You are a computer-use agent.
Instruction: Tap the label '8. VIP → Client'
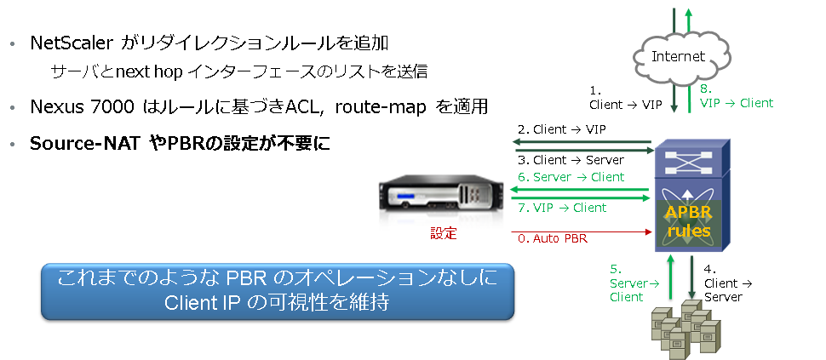pyautogui.click(x=736, y=95)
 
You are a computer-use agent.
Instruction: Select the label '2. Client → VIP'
pyautogui.click(x=570, y=130)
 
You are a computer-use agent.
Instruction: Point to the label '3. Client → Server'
pyautogui.click(x=571, y=160)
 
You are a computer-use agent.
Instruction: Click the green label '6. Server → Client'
pyautogui.click(x=571, y=177)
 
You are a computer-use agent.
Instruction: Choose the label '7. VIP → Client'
pyautogui.click(x=562, y=208)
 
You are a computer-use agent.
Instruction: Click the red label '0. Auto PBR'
pyautogui.click(x=552, y=238)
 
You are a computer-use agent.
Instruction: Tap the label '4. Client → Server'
pyautogui.click(x=726, y=283)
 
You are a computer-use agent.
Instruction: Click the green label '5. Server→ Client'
pyautogui.click(x=628, y=283)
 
